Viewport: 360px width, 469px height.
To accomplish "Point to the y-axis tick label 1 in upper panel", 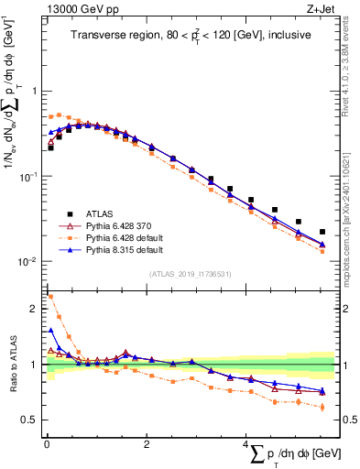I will coord(37,92).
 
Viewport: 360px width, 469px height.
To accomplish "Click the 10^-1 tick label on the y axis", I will coord(32,176).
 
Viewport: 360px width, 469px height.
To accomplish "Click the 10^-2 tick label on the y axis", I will coord(32,261).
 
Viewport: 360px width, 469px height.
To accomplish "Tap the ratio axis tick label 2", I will coord(37,309).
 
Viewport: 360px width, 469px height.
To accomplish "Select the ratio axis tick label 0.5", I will coord(33,420).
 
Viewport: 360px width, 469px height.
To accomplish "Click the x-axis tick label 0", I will coord(47,443).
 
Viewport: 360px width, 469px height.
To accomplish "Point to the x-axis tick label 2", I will coord(147,443).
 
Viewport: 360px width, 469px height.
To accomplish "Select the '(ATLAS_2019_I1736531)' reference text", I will coord(190,274).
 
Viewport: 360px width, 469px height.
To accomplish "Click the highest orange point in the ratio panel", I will coord(50,296).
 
